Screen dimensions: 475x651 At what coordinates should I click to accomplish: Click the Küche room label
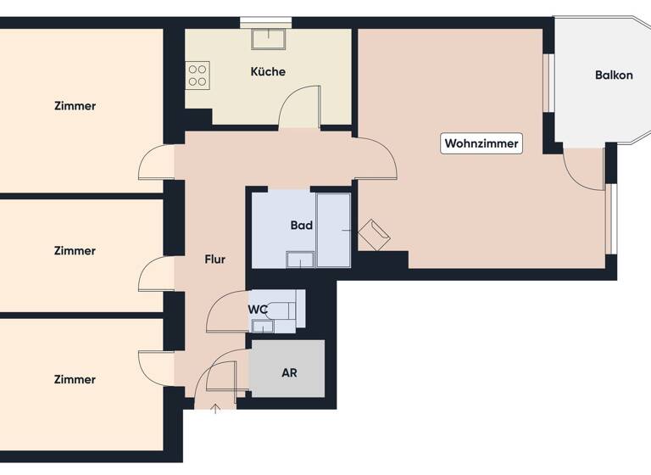pos(268,72)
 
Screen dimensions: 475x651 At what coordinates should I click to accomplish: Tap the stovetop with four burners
pos(198,75)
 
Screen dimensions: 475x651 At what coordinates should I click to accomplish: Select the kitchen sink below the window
pos(266,39)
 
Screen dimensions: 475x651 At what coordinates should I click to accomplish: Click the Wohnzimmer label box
pos(481,143)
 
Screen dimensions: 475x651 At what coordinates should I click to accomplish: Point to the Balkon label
pos(614,75)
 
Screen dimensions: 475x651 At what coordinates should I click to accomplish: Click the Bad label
pos(301,226)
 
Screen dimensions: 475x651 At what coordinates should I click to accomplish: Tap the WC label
pos(258,310)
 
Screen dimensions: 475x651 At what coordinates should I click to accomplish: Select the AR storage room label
pos(289,372)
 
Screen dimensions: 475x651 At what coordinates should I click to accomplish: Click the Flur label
pos(215,260)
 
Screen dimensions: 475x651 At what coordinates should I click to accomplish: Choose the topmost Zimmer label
pos(75,106)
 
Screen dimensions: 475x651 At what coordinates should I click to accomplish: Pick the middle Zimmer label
pos(75,251)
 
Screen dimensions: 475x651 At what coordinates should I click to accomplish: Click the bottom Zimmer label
pos(75,379)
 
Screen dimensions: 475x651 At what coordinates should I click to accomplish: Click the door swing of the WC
pos(225,312)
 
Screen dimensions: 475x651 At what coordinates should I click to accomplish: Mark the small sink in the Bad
pos(299,260)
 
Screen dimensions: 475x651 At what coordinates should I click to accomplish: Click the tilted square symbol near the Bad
pos(373,234)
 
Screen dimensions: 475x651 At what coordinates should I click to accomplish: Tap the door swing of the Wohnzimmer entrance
pos(376,161)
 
